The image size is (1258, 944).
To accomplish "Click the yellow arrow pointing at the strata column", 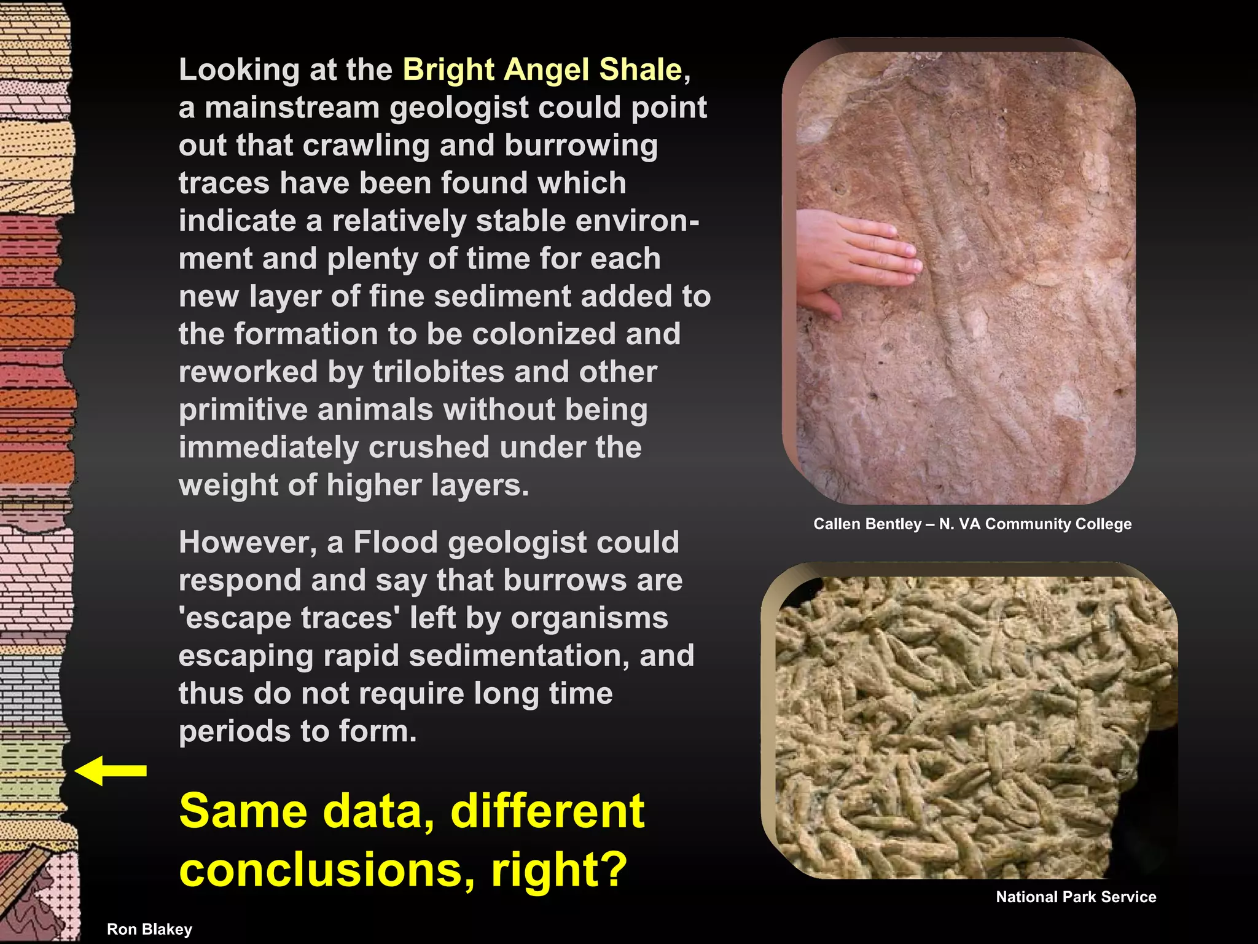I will (x=111, y=771).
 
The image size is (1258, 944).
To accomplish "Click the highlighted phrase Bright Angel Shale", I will (x=542, y=69).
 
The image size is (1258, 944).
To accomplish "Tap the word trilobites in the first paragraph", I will (x=439, y=372).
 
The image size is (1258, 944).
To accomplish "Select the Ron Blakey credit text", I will (x=149, y=929).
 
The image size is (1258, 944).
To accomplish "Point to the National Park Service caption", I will (x=1076, y=897).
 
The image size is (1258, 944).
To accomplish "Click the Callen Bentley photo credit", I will (x=972, y=524).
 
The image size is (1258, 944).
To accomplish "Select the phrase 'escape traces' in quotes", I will (x=289, y=618).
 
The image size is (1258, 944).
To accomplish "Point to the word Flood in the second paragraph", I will (x=394, y=543).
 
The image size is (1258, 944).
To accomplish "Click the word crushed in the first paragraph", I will (x=429, y=447).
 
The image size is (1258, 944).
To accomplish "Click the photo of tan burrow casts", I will (x=971, y=725).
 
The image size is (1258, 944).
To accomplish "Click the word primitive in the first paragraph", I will (x=243, y=410).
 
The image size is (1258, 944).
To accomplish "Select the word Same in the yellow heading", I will (x=243, y=811).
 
